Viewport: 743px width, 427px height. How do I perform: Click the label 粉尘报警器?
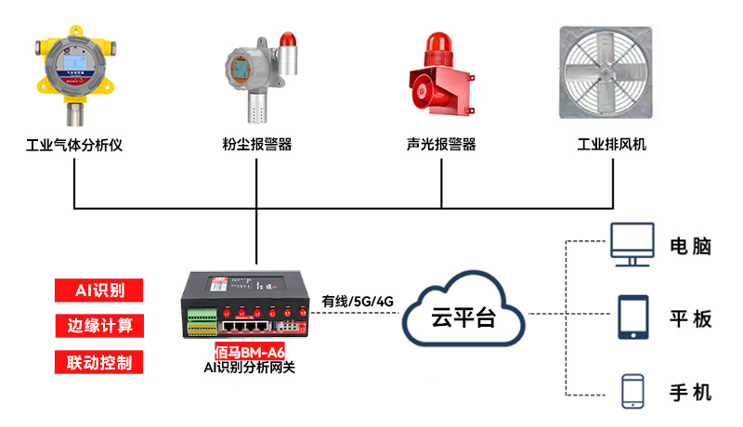click(257, 145)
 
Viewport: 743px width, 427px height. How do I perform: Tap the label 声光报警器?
click(441, 145)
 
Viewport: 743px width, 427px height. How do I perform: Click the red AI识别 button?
click(99, 290)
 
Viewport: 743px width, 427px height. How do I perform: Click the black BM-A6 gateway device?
click(245, 306)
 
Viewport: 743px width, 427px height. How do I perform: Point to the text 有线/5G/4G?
click(358, 301)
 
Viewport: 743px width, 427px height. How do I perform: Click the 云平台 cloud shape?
click(463, 313)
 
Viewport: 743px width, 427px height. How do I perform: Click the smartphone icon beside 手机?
click(633, 390)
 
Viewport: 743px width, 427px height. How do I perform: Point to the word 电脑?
click(690, 247)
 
